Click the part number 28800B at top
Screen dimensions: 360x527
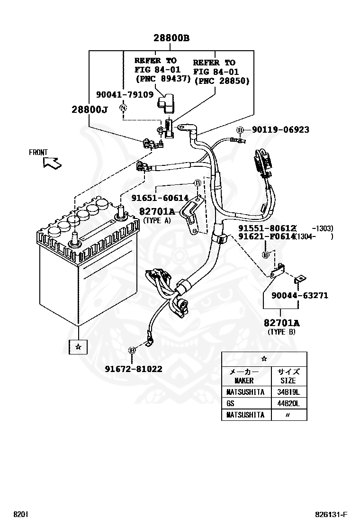pos(171,38)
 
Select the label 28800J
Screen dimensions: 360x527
pos(90,109)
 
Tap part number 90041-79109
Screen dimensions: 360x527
pos(125,94)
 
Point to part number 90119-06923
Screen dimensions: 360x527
pos(280,129)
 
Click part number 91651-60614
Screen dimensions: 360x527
pos(160,198)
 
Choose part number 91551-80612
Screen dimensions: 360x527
pos(267,228)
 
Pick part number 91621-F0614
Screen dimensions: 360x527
pos(267,236)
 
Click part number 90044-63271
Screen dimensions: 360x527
pos(300,295)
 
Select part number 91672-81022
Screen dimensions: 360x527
pos(133,369)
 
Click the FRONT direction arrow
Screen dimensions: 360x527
pos(52,163)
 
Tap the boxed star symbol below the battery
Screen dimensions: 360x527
pos(78,346)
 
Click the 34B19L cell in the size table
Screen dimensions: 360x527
pos(288,392)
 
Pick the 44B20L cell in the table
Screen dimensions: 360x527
pos(288,403)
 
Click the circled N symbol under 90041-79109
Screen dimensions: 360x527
pos(123,108)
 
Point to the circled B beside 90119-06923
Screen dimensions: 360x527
pos(240,130)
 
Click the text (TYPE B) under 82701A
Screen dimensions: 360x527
pos(281,332)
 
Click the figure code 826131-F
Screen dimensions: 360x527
pos(331,514)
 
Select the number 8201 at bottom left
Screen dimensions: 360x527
pos(20,514)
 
